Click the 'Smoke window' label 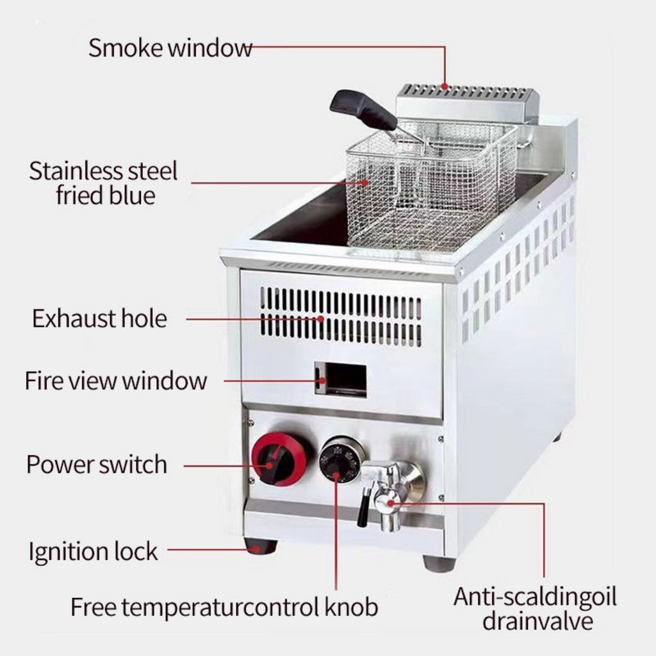coord(170,47)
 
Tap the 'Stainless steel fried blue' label coord(104,183)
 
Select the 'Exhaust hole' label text coord(99,318)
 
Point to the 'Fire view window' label coord(116,381)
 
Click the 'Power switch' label coord(97,464)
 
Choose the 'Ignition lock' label coord(93,551)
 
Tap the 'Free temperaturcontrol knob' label coord(224,607)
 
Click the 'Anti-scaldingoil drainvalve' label coord(535,609)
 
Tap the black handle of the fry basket coord(363,110)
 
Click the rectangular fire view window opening coord(341,379)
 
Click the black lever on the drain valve coord(363,507)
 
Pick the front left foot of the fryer coord(261,546)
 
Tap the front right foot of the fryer coord(439,563)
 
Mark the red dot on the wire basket coord(365,183)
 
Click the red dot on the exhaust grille coord(320,319)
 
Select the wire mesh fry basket coord(431,188)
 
